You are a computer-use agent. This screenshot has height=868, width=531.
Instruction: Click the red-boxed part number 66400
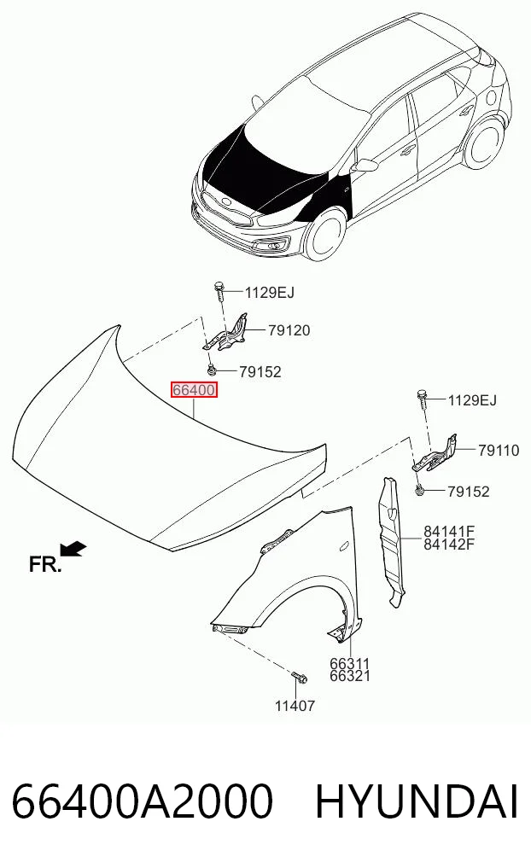pos(194,390)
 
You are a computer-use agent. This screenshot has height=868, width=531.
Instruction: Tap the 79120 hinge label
pos(289,330)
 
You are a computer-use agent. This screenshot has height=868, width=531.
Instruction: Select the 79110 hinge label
pos(499,451)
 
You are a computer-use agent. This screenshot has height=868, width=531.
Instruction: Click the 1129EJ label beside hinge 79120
pos(270,292)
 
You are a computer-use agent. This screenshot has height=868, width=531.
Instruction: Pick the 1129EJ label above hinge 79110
pos(472,399)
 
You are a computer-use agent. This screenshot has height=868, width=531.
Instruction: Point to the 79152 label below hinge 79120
pos(260,371)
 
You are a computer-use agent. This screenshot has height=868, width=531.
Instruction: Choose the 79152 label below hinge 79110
pos(469,491)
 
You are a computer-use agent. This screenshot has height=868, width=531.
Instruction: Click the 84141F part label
pos(449,532)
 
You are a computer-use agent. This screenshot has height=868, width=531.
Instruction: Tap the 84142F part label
pos(449,545)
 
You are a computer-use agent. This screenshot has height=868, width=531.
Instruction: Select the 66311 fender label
pos(350,663)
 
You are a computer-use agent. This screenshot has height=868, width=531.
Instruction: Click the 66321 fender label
pos(350,676)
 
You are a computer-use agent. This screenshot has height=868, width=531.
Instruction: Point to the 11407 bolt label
pos(295,706)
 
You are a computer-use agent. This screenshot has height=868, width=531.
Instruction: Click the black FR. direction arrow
pos(73,548)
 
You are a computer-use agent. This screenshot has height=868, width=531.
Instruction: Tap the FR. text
pos(45,565)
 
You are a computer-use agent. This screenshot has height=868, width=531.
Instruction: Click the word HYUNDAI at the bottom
pos(417,801)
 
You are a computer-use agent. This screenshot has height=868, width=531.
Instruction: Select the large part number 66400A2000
pos(143,801)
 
